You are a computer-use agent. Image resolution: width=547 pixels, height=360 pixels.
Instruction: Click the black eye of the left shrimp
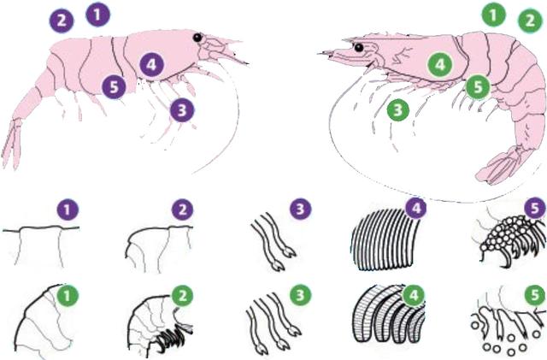tap(197, 38)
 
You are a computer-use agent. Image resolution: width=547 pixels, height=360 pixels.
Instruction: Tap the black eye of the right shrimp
tap(358, 47)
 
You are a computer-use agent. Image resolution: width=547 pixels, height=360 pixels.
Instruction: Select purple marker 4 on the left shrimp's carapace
tap(152, 65)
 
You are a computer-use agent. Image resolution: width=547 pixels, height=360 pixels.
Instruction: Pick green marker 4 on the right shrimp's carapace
tap(440, 65)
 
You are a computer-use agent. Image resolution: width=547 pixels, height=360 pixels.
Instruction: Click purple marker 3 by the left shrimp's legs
tap(182, 110)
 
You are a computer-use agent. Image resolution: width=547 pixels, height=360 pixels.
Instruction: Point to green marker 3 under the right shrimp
tap(398, 110)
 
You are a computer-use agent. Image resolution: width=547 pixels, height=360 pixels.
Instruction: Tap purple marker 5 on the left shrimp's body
tap(114, 87)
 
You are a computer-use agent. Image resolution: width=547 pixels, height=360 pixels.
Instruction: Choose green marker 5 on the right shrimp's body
tap(479, 87)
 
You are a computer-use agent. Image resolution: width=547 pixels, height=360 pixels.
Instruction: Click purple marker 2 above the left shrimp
tap(62, 21)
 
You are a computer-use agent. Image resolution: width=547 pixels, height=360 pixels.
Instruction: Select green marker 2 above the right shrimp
tap(530, 21)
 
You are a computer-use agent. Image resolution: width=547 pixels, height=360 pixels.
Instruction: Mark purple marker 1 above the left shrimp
tap(98, 15)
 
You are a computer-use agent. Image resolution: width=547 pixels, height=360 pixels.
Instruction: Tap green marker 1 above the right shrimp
tap(494, 15)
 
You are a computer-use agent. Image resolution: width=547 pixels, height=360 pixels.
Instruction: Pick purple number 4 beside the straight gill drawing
tap(416, 208)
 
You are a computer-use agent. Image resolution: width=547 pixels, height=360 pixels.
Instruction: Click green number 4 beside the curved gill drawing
tap(414, 296)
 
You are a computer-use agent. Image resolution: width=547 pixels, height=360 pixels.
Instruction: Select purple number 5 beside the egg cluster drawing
tap(535, 208)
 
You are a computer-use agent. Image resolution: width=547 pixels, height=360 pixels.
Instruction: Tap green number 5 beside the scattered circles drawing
tap(535, 296)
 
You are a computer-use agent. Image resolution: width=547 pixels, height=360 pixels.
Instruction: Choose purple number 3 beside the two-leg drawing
tap(300, 209)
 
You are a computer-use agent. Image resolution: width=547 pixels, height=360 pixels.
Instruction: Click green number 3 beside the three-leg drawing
tap(300, 296)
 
